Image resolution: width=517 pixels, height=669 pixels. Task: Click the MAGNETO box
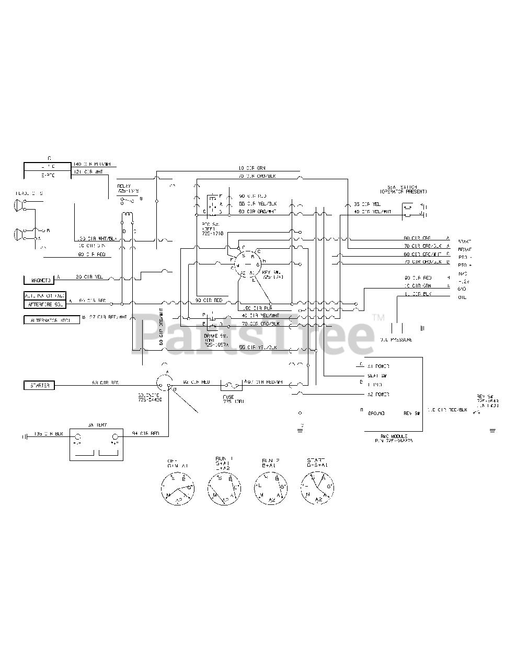point(39,280)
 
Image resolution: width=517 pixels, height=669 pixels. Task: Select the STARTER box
point(39,385)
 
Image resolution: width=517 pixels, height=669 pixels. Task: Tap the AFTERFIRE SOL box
point(44,304)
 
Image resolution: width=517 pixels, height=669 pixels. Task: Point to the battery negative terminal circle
point(78,437)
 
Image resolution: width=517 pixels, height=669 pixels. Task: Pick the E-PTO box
point(47,175)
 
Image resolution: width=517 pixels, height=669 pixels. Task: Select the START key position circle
point(318,488)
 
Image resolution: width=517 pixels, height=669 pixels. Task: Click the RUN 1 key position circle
point(225,488)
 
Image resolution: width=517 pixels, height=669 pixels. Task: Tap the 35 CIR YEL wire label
point(367,204)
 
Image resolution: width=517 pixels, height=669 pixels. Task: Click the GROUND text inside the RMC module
point(376,413)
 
